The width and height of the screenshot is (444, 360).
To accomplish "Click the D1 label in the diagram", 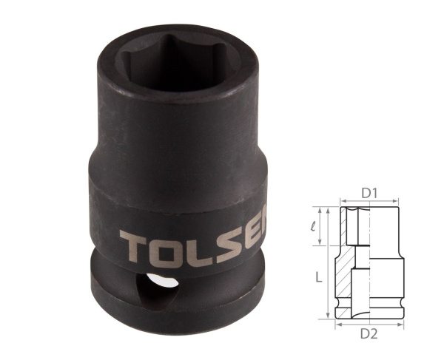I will (x=370, y=194).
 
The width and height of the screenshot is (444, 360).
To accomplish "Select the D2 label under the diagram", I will (x=369, y=335).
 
